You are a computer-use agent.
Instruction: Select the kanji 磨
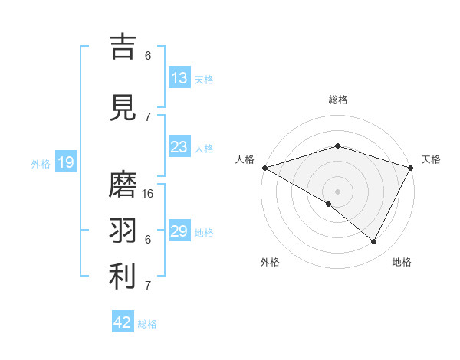[x=122, y=184]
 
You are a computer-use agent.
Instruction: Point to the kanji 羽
[x=122, y=230]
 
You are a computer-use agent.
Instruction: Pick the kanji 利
[x=122, y=277]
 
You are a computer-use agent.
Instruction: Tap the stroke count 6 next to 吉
[x=148, y=55]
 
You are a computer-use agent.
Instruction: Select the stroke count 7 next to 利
[x=148, y=286]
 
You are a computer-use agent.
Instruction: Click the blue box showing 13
[x=179, y=78]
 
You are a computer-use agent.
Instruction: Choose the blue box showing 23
[x=179, y=148]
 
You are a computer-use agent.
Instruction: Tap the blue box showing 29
[x=179, y=231]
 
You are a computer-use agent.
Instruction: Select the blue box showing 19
[x=65, y=162]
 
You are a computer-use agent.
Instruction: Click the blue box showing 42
[x=123, y=322]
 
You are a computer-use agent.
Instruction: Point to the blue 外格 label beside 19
[x=41, y=163]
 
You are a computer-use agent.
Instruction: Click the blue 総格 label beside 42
[x=147, y=323]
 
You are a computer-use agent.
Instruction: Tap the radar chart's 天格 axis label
[x=431, y=159]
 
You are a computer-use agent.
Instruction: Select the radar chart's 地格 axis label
[x=402, y=262]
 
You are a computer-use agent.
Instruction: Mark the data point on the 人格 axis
[x=264, y=168]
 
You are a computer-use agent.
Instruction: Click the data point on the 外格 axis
[x=329, y=204]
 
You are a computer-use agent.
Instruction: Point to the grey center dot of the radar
[x=337, y=191]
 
